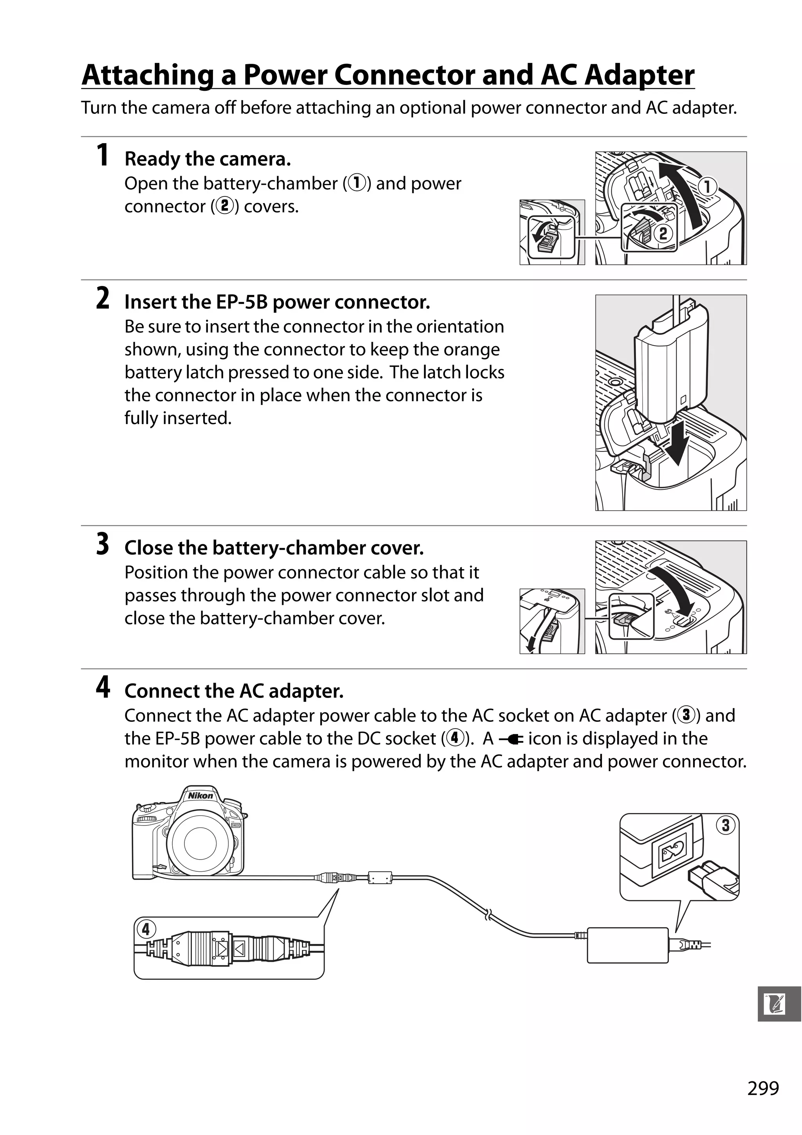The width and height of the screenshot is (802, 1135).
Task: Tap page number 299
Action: (763, 1088)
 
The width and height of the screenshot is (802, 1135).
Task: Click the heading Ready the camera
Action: (207, 159)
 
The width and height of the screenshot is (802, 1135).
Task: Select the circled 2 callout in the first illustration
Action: (663, 233)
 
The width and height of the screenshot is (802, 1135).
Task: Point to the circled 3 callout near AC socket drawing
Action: (725, 825)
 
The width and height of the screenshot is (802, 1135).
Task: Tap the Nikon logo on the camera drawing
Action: (200, 795)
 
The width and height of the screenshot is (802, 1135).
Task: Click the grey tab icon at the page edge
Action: (779, 1004)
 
